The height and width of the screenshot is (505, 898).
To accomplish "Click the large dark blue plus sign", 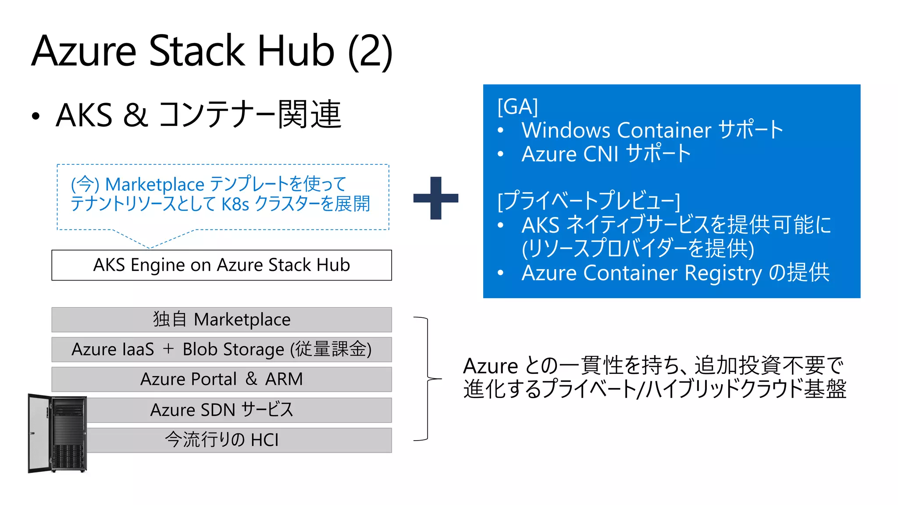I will pyautogui.click(x=435, y=198).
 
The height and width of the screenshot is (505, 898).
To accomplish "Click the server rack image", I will pyautogui.click(x=57, y=434).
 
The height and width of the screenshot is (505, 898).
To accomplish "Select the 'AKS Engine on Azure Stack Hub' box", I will pyautogui.click(x=221, y=265).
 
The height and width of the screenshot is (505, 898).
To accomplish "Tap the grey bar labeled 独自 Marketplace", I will pyautogui.click(x=221, y=320).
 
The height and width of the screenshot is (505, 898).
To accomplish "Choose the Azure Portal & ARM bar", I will pyautogui.click(x=221, y=379).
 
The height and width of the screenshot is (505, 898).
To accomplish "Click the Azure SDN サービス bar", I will pyautogui.click(x=239, y=410).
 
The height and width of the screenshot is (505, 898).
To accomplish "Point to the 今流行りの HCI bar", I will pyautogui.click(x=239, y=440).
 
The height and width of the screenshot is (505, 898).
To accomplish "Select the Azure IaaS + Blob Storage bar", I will pyautogui.click(x=221, y=349).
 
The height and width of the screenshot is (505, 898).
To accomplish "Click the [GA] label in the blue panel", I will pyautogui.click(x=517, y=107).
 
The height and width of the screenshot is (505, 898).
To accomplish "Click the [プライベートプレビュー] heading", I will pyautogui.click(x=588, y=201).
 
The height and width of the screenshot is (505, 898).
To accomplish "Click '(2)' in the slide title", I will pyautogui.click(x=370, y=51).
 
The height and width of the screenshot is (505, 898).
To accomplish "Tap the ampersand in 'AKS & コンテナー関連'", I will pyautogui.click(x=135, y=115).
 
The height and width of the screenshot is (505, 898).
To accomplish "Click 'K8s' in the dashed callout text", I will pyautogui.click(x=235, y=204).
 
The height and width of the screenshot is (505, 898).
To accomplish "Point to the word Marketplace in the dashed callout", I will pyautogui.click(x=155, y=185).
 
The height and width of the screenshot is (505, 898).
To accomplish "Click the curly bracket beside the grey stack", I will pyautogui.click(x=427, y=378).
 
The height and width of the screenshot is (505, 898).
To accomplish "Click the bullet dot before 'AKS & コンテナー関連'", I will pyautogui.click(x=36, y=116).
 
